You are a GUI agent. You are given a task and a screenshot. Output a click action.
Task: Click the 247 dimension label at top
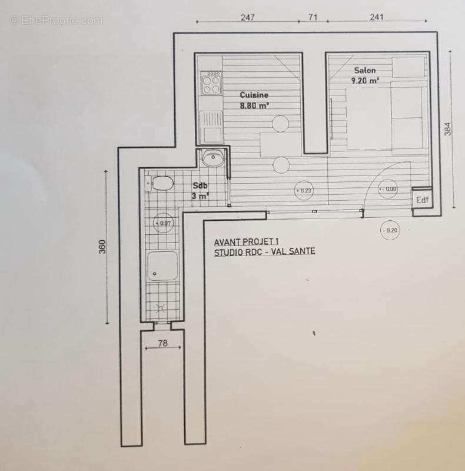click(x=248, y=18)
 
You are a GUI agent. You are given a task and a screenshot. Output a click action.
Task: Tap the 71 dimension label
click(x=313, y=17)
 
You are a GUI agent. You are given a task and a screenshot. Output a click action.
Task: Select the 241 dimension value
click(x=376, y=17)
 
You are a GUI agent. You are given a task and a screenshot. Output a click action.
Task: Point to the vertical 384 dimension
click(x=447, y=129)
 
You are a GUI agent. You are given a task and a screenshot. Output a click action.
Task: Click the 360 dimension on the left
click(x=102, y=247)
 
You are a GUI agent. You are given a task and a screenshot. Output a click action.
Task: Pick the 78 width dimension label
click(x=162, y=343)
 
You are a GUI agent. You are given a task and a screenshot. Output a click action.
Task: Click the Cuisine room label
click(x=254, y=95)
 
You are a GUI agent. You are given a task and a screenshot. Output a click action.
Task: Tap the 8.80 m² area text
click(x=254, y=105)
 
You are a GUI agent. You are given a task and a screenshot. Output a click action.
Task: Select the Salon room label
click(x=365, y=70)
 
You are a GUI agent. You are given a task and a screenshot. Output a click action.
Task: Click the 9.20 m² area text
click(x=365, y=81)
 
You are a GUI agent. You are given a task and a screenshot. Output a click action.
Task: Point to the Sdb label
click(x=200, y=185)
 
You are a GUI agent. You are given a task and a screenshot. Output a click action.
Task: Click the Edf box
click(x=422, y=200)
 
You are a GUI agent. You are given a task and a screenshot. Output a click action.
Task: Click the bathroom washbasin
click(x=213, y=158)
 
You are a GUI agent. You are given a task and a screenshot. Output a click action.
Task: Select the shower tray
click(x=162, y=266)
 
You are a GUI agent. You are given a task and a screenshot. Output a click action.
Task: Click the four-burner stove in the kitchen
click(x=211, y=83)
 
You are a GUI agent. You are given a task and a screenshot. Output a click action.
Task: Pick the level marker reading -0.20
click(x=390, y=230)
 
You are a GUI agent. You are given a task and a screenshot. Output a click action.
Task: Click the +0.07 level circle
click(x=163, y=223)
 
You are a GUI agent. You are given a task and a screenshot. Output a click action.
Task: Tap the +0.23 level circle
click(x=303, y=190)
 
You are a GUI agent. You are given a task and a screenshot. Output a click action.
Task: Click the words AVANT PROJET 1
click(x=246, y=241)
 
